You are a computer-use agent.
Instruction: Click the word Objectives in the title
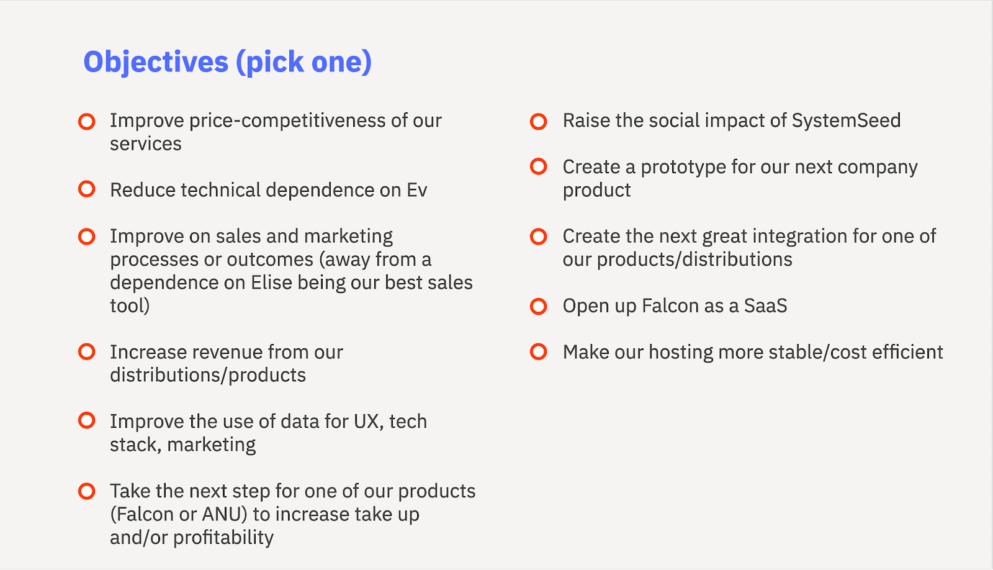[156, 63]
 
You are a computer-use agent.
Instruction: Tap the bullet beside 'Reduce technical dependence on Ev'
[87, 189]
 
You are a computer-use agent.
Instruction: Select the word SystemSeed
[847, 120]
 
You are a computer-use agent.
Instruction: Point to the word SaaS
[765, 305]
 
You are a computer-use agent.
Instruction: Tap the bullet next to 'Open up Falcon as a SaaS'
[539, 306]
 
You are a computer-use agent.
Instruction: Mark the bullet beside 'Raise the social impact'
[539, 121]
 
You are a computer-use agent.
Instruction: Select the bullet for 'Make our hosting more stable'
[539, 352]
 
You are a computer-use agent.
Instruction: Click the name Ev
[417, 190]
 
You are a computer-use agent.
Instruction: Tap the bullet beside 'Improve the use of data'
[87, 420]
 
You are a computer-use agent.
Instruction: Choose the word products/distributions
[694, 260]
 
